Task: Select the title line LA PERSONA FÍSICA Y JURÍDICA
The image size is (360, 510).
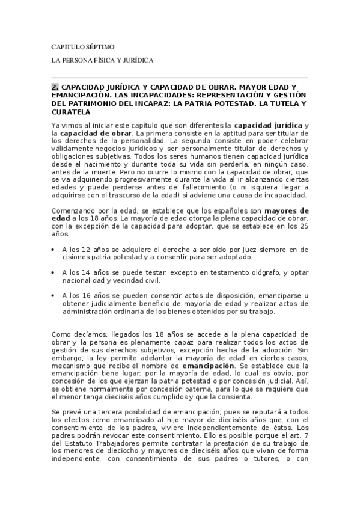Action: (x=103, y=61)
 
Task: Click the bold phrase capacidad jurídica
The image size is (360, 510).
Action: (x=268, y=125)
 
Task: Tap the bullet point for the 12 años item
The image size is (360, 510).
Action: (x=55, y=249)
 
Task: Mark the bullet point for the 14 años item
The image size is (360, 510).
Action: (x=55, y=272)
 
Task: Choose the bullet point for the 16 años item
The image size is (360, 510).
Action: (x=55, y=296)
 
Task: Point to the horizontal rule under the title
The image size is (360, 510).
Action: (x=180, y=78)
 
